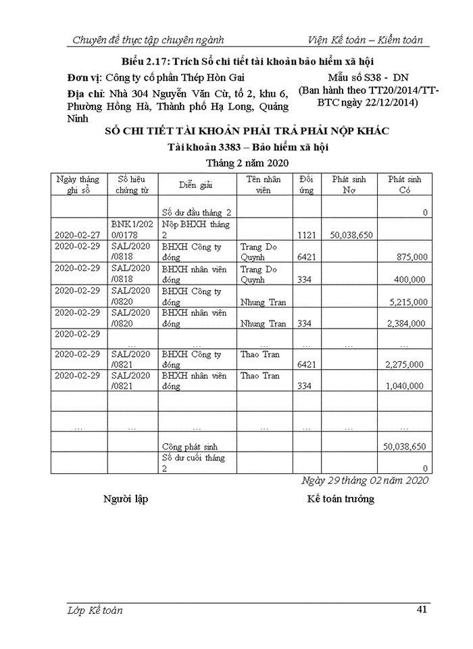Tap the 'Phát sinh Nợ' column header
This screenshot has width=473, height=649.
point(349,185)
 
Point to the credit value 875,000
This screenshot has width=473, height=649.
point(405,257)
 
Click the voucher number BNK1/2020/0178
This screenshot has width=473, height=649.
point(132,229)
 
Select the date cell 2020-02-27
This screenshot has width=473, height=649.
point(78,235)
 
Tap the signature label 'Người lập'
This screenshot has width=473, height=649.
point(126,499)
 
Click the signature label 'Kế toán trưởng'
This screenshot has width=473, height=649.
point(341,499)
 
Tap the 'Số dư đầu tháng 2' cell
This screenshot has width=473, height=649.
point(197,212)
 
